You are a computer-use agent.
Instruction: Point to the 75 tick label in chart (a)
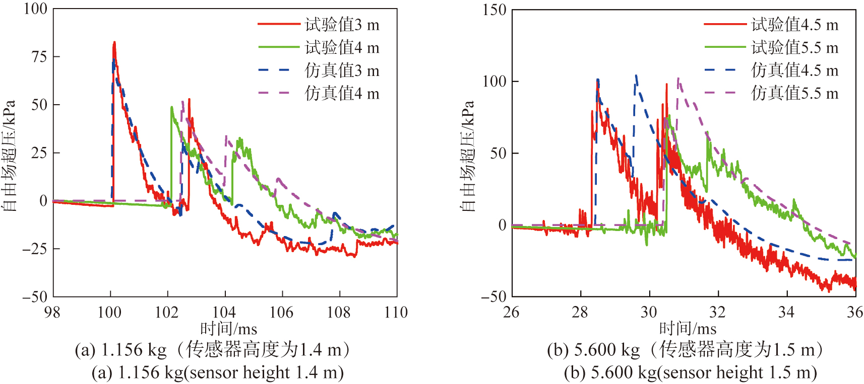39,56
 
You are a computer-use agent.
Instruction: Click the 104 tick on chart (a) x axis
224,313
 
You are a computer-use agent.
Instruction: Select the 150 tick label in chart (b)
494,10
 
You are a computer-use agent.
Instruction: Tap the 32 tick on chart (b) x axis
718,313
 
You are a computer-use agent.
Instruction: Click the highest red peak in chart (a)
114,43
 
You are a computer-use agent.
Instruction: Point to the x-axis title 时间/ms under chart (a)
229,329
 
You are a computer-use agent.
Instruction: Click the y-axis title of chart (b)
468,156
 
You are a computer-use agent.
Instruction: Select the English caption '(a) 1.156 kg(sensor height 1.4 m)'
218,373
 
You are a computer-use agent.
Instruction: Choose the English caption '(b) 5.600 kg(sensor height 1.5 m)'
691,373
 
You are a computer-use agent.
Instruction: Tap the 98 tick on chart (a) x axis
52,313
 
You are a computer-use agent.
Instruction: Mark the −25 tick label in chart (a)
35,249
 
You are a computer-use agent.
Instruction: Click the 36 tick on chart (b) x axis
855,313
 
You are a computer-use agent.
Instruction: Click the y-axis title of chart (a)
9,156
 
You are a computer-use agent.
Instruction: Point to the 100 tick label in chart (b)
494,82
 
